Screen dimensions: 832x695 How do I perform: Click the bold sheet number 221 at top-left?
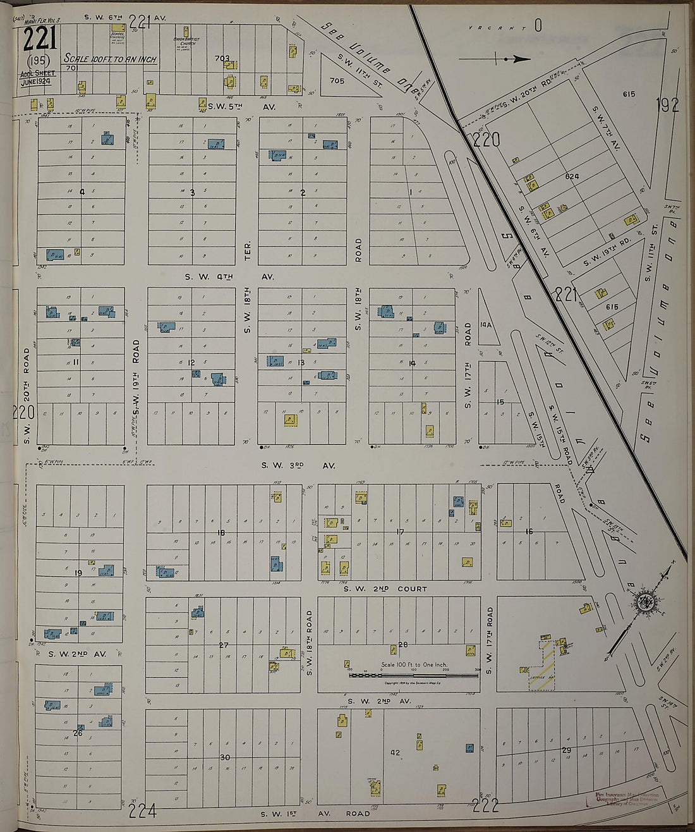point(40,40)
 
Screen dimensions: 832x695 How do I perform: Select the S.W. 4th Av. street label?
point(227,277)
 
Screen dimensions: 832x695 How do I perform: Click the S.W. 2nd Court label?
point(385,589)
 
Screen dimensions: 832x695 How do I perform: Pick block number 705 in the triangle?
point(337,81)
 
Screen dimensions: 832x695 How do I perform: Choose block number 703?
point(222,59)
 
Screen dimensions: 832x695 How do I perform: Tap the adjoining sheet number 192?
point(667,105)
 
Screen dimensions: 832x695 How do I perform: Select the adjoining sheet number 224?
point(143,810)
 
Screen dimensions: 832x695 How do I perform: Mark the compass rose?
point(646,601)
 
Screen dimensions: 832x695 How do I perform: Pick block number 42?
point(396,752)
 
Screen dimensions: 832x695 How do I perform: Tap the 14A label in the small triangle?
point(485,324)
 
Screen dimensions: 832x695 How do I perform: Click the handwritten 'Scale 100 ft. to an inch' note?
point(111,59)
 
